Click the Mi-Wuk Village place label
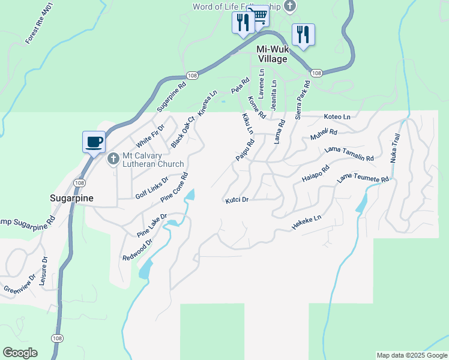tap(272, 54)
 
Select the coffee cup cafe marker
tap(94, 142)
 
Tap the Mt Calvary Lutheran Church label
tap(153, 160)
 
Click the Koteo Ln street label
tap(337, 116)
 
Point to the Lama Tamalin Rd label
tap(349, 154)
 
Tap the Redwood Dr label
tap(137, 249)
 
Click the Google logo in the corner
tap(20, 353)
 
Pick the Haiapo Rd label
tap(316, 173)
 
